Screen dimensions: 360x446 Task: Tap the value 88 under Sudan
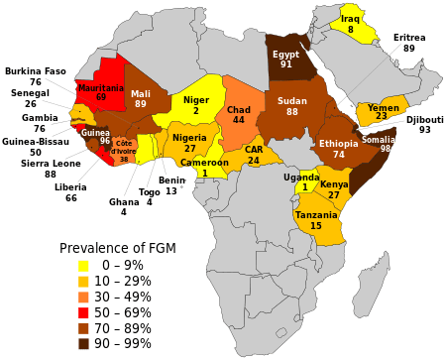(x=292, y=112)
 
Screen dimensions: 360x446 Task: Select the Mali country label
(x=141, y=93)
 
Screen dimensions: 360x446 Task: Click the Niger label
(x=196, y=100)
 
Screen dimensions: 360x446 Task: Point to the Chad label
(x=238, y=109)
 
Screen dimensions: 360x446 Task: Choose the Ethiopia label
(x=339, y=144)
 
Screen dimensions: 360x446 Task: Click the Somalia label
(x=378, y=139)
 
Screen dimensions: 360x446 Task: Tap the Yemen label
(x=383, y=107)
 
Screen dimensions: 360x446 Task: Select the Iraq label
(x=350, y=19)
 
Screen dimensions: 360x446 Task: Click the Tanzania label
(x=316, y=214)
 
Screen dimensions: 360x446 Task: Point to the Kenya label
(x=334, y=184)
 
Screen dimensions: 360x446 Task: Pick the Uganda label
(x=301, y=178)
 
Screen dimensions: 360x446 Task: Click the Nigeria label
(x=189, y=138)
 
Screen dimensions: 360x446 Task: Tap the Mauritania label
(x=101, y=87)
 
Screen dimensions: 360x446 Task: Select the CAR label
(x=254, y=150)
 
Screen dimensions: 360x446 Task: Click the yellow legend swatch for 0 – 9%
(x=84, y=265)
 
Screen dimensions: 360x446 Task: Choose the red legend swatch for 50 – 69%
(x=84, y=312)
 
